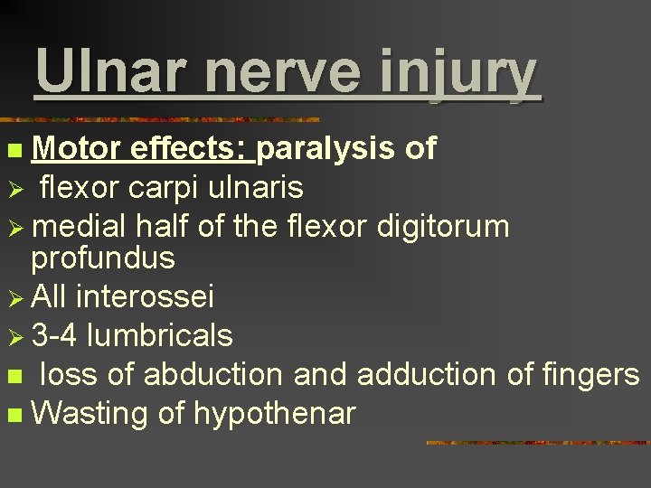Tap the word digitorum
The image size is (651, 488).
pos(442,226)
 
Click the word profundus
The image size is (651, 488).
pos(102,258)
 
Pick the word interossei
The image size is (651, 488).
pos(146,296)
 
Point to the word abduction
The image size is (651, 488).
pos(212,374)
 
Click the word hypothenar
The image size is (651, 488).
pos(271,415)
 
